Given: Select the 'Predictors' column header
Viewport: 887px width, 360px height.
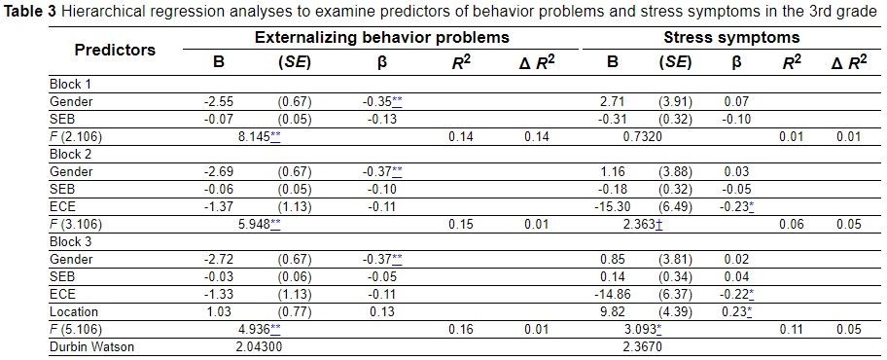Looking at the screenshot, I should click(x=116, y=50).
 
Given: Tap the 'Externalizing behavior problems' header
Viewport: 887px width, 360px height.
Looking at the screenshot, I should click(x=381, y=38).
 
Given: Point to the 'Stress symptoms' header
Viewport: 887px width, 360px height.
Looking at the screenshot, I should click(x=718, y=38).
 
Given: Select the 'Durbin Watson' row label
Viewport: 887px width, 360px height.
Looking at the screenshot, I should click(x=91, y=346).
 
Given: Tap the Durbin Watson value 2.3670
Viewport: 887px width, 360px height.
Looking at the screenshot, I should click(x=641, y=346).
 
